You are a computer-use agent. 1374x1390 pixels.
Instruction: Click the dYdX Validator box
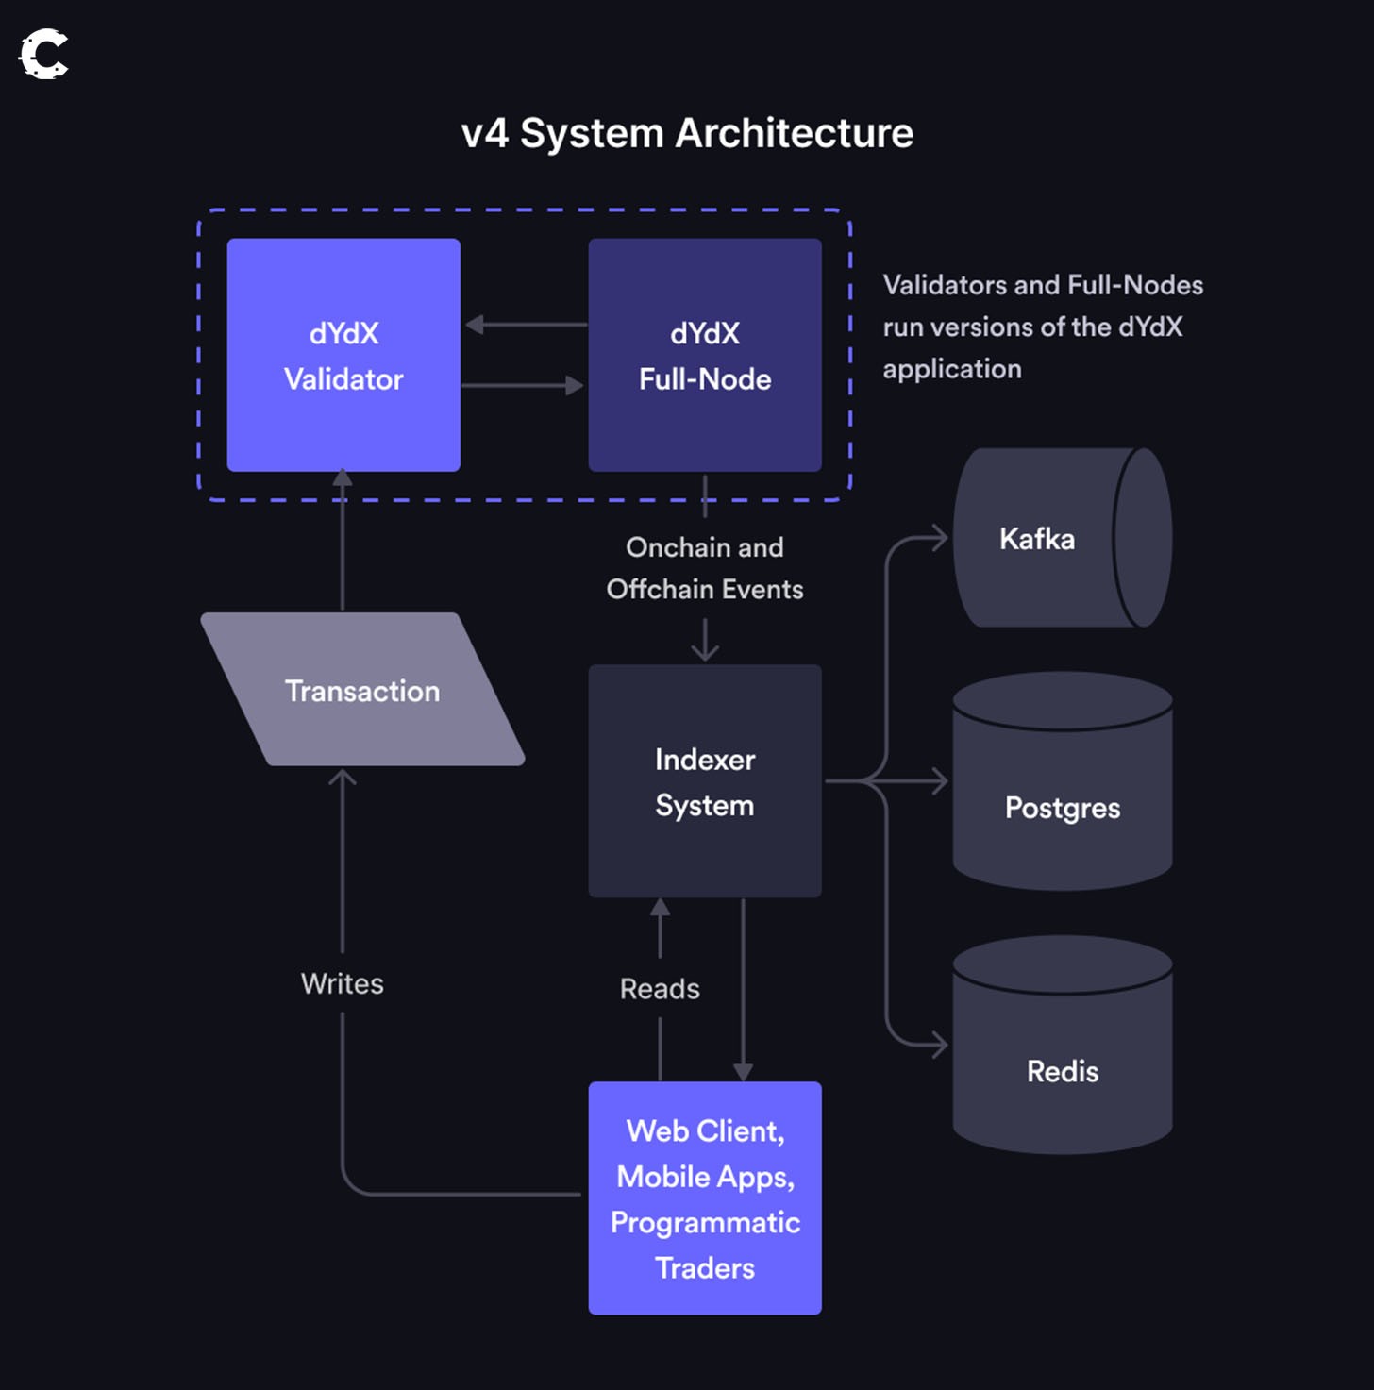tap(343, 355)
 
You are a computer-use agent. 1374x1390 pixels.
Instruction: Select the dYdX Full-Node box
tap(704, 355)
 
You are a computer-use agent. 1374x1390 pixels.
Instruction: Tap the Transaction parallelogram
tap(362, 690)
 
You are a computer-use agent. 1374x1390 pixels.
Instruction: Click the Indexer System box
tap(704, 781)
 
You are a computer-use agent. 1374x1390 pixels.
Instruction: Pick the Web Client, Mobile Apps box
tap(704, 1197)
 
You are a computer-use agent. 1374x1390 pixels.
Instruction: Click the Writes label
tap(342, 983)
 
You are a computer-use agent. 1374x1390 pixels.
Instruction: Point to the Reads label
tap(660, 989)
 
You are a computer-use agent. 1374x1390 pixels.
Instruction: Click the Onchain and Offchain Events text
tap(704, 568)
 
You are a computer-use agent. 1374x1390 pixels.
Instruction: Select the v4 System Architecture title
tap(687, 133)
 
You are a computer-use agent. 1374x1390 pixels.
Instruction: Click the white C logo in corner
tap(43, 54)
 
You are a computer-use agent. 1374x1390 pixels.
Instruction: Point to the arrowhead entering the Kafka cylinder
tap(940, 538)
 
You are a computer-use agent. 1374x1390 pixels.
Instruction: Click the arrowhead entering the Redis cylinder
tap(940, 1045)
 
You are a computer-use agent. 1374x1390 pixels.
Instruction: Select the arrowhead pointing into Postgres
tap(940, 781)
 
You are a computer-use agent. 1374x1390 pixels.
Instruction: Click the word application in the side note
tap(951, 369)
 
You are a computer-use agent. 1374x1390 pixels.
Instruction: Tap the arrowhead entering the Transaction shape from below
tap(342, 778)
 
